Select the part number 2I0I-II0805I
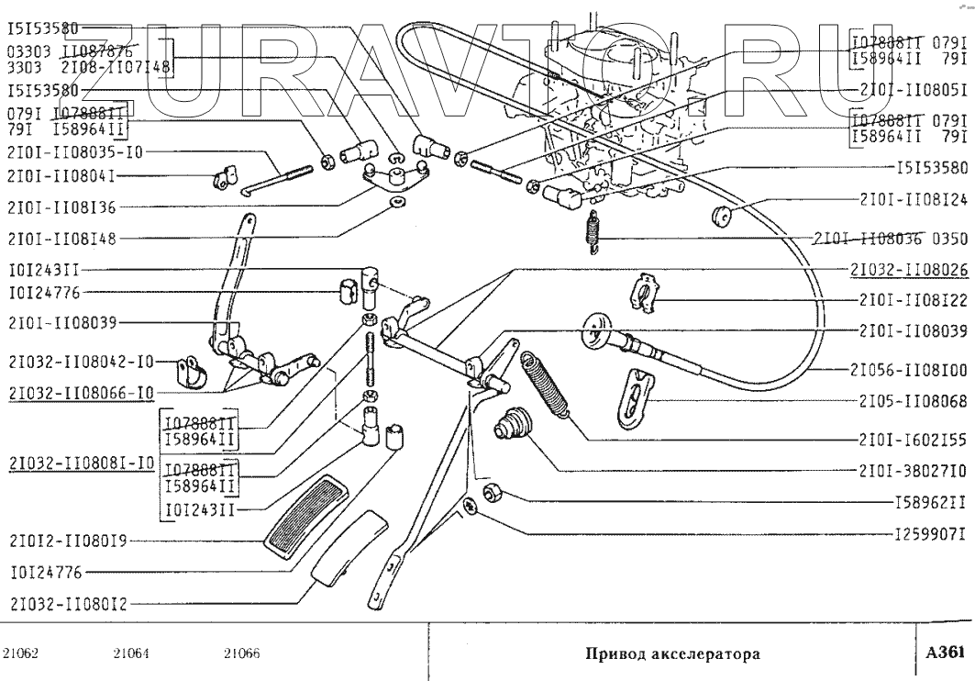click(x=910, y=92)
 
